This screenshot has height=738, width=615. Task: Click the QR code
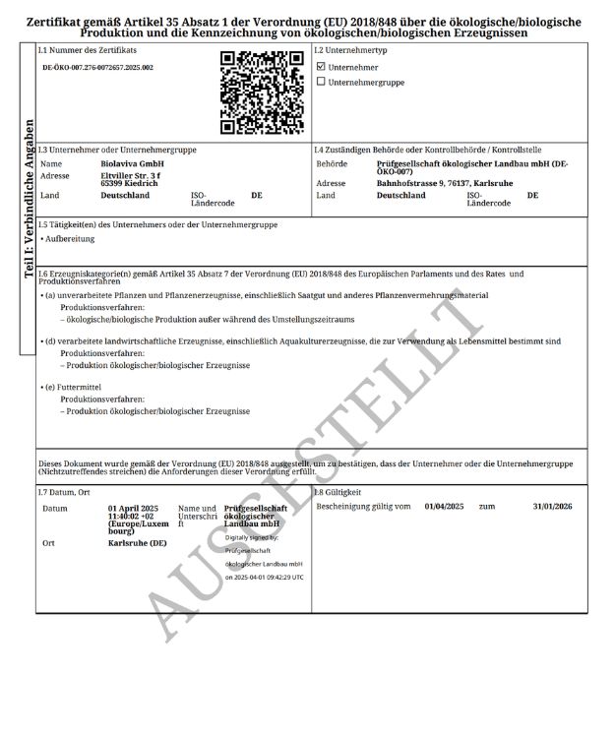click(x=261, y=92)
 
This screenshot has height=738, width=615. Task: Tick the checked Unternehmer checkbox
click(x=321, y=67)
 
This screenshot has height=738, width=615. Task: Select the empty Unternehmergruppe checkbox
click(x=321, y=82)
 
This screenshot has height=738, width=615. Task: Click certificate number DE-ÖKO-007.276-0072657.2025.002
click(x=97, y=68)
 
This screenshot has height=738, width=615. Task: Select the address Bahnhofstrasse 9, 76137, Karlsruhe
click(x=445, y=183)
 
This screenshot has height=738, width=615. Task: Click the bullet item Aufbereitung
click(x=69, y=239)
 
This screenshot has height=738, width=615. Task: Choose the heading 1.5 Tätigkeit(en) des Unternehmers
click(x=157, y=225)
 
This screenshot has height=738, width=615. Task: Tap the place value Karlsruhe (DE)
click(x=137, y=543)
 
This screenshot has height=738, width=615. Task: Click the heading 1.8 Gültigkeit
click(x=338, y=491)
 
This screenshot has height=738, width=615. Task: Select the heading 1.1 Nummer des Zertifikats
click(x=88, y=48)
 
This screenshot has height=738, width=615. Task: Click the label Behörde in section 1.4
click(x=332, y=163)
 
